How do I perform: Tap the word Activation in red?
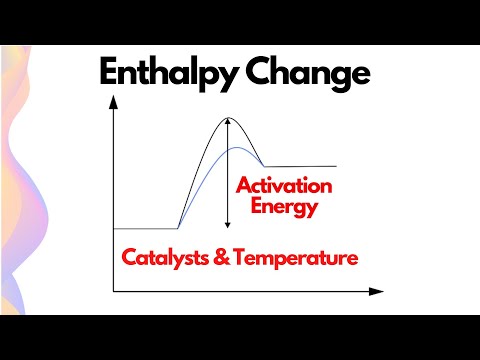coord(283,186)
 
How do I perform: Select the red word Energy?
coord(285,208)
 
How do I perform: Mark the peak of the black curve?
coord(228,118)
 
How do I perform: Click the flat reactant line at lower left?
coord(145,228)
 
